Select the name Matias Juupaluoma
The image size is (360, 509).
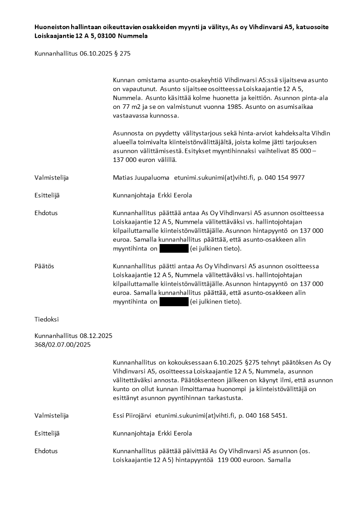(141, 177)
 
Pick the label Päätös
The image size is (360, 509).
(44, 266)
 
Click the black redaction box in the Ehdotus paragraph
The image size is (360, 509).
(174, 249)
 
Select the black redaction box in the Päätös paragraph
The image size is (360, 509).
(174, 302)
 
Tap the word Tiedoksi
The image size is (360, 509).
(46, 319)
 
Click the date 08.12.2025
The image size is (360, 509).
(97, 336)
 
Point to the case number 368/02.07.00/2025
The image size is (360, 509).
(63, 345)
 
